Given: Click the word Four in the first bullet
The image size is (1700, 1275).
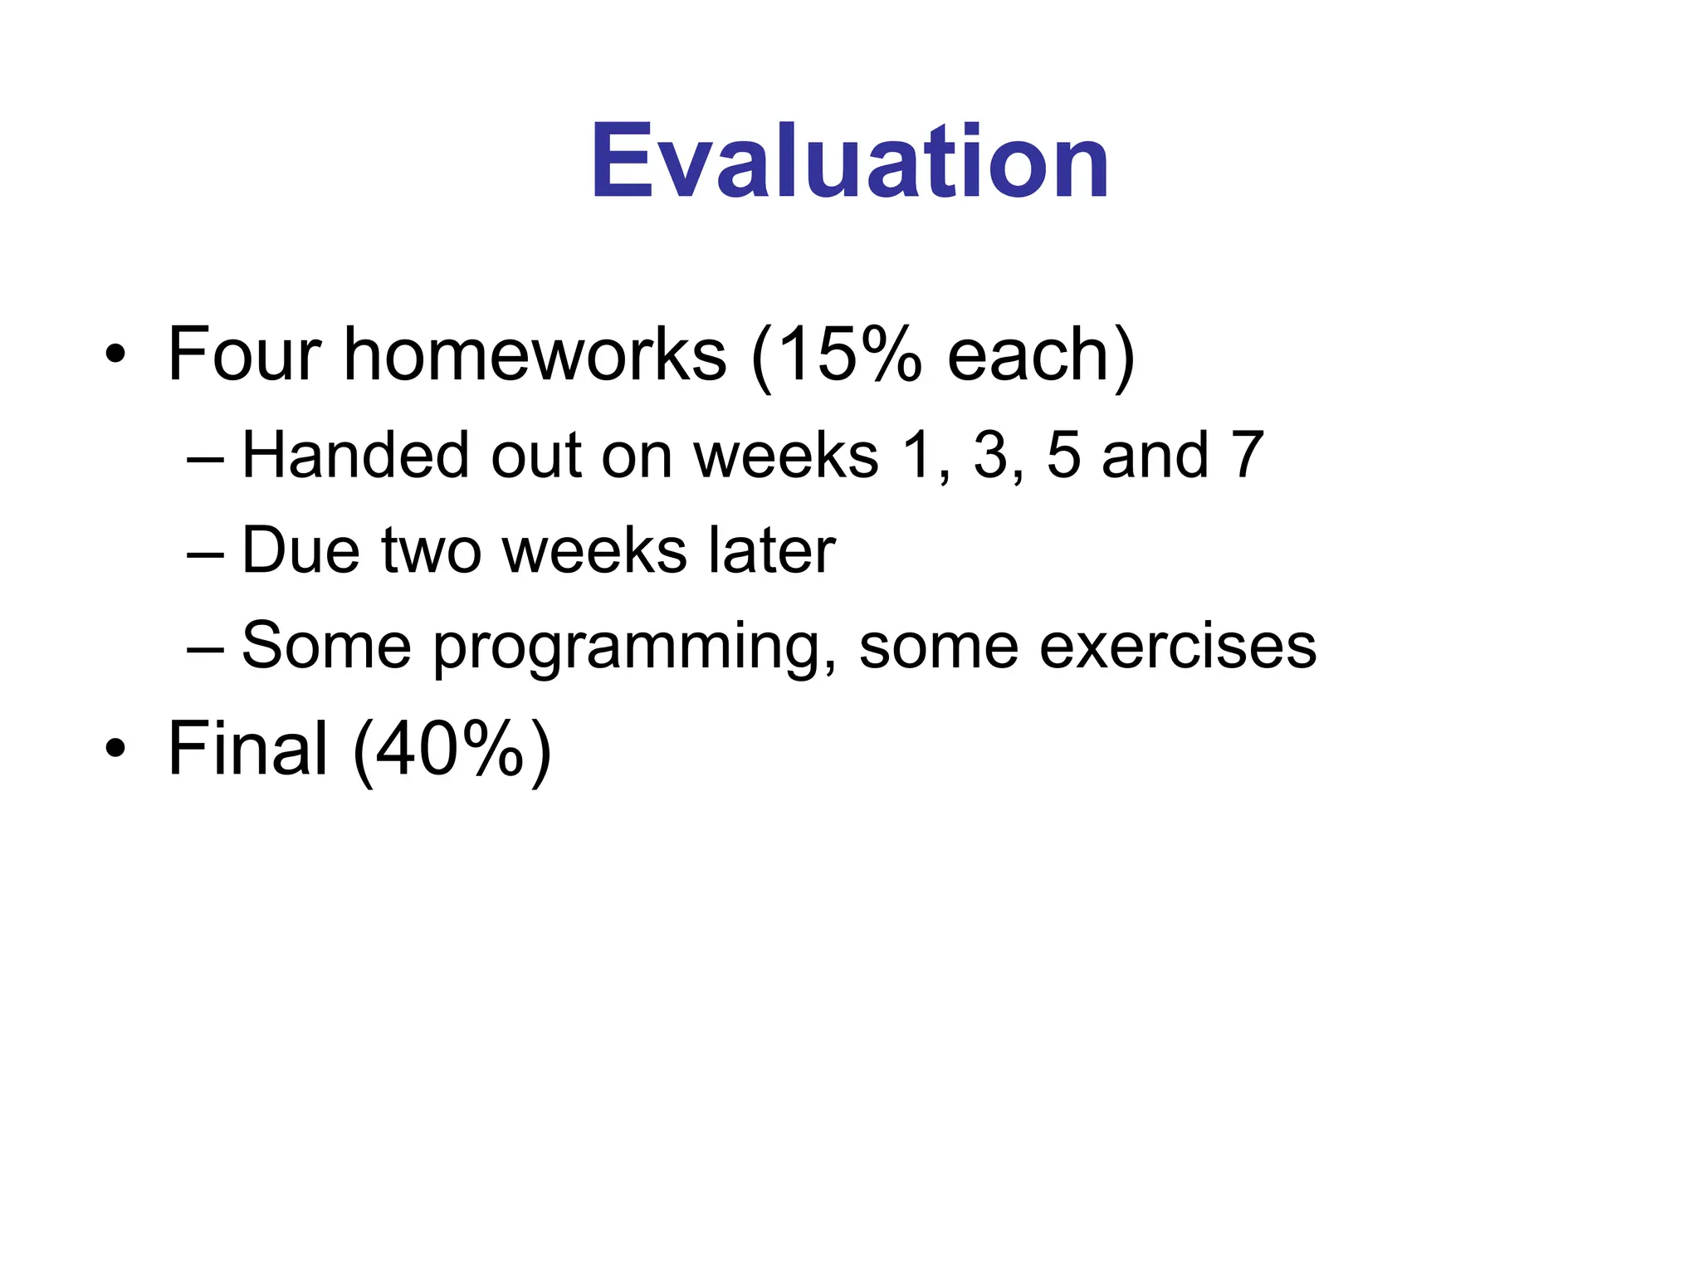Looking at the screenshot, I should tap(244, 355).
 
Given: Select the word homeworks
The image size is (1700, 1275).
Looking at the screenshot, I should tap(535, 355).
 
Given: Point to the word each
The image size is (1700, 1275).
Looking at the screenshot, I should tap(1028, 355).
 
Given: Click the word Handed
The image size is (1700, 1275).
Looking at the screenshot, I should tap(355, 456).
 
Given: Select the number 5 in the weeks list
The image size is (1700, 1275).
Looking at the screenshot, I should tap(1063, 456).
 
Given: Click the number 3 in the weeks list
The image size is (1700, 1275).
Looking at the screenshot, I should tap(990, 456).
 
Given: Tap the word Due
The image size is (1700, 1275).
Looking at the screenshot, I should tap(301, 550).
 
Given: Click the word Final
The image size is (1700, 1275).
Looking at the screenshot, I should tap(247, 749).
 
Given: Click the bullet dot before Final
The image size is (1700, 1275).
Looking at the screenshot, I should tap(115, 750).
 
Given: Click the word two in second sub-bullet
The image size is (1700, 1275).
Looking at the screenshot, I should tap(431, 552).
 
